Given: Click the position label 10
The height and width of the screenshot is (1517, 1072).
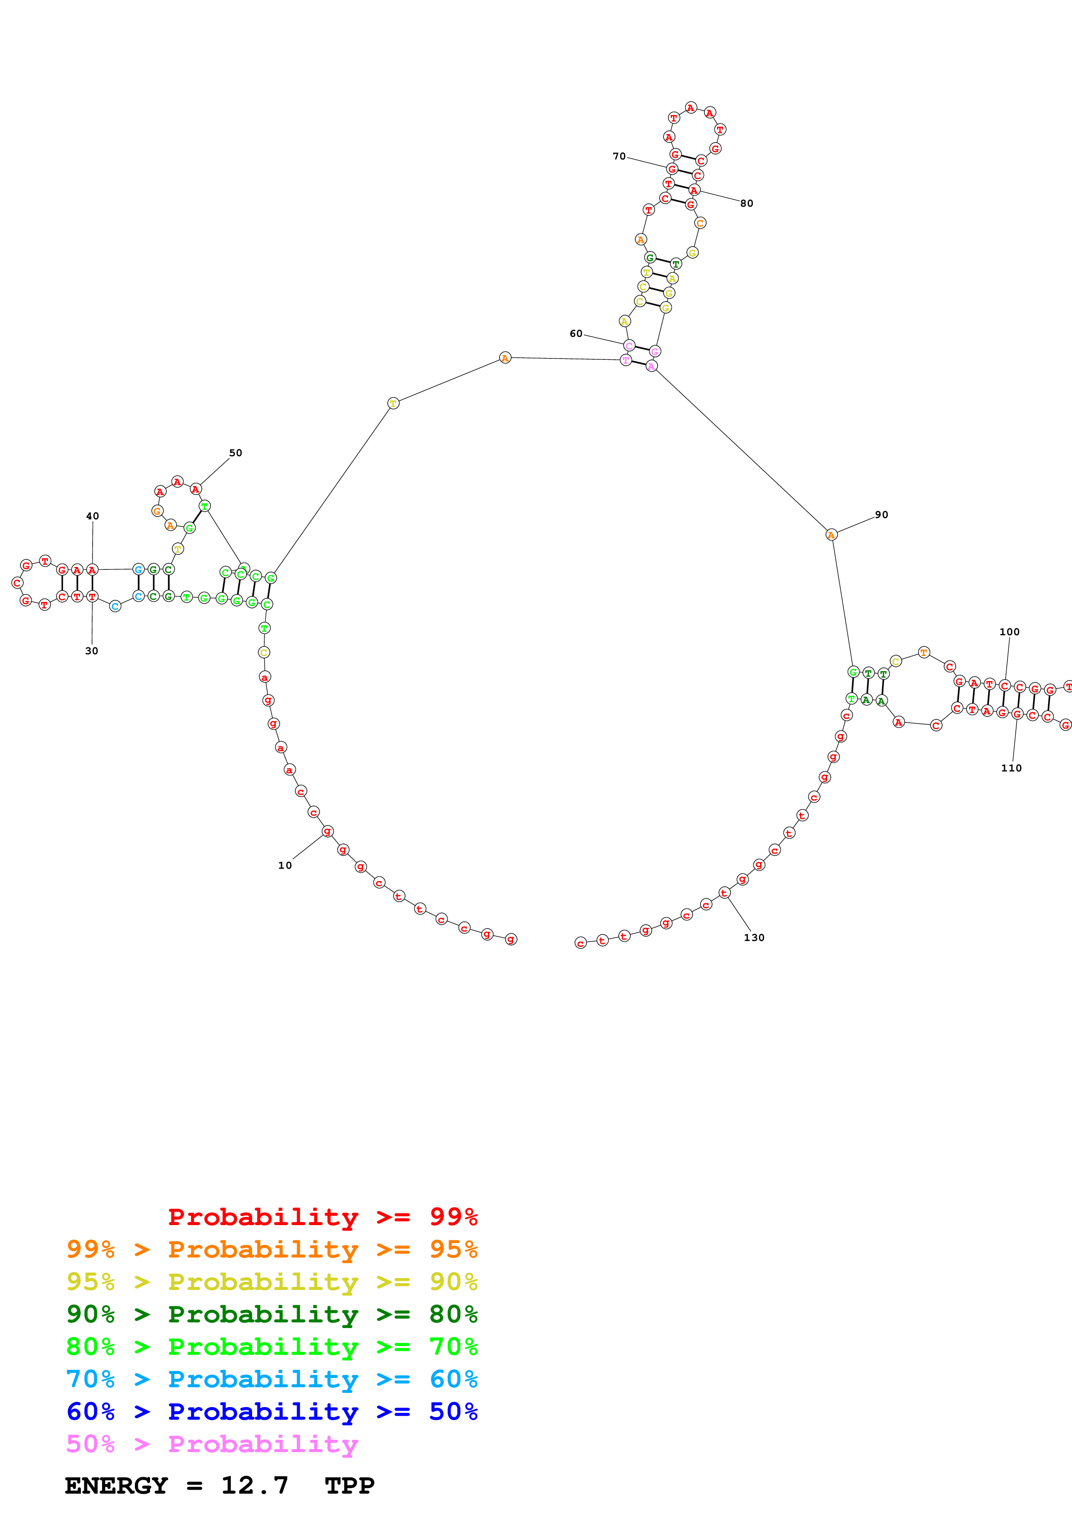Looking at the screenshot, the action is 285,866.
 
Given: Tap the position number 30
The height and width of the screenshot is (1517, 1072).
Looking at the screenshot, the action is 92,651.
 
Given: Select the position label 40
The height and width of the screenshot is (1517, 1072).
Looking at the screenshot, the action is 93,516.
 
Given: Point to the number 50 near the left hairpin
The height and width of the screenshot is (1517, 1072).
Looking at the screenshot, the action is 236,453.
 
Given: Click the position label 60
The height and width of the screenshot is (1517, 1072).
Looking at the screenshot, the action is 576,334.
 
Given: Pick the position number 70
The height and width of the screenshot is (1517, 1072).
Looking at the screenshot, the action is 619,157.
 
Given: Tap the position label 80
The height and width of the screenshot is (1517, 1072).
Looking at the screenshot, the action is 746,204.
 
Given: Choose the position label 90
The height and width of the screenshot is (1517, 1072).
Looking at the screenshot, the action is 881,515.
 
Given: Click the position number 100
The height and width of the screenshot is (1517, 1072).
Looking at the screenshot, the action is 1009,632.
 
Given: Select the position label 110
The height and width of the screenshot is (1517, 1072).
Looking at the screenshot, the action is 1011,768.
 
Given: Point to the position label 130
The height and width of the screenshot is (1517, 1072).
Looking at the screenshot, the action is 754,938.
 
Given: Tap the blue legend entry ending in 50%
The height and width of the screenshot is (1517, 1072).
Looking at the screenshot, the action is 272,1411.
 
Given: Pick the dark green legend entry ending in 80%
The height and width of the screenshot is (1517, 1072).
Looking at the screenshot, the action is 272,1314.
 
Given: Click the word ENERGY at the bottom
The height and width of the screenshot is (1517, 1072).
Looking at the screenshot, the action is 116,1485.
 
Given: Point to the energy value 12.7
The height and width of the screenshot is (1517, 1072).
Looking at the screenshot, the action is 254,1485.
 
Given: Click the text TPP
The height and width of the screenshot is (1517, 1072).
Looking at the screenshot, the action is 349,1485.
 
